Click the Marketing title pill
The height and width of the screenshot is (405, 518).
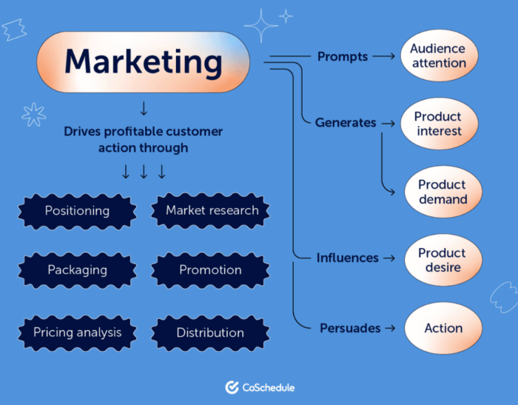(x=143, y=62)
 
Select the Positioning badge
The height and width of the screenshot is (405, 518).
(x=77, y=211)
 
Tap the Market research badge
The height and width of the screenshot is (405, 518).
(x=210, y=210)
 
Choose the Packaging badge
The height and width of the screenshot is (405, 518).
(x=77, y=270)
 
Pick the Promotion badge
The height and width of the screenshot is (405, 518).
(x=210, y=270)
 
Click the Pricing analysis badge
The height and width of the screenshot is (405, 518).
(x=77, y=332)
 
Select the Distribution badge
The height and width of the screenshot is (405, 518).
(x=210, y=332)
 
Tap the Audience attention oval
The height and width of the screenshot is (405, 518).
(x=439, y=56)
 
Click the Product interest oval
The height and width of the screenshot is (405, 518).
(x=439, y=124)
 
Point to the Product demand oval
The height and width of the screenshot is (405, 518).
(x=443, y=192)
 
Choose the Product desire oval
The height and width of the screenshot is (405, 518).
(x=443, y=260)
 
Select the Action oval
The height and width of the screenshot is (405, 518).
(x=443, y=328)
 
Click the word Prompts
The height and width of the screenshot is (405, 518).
(x=343, y=57)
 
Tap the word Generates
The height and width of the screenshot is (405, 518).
(x=346, y=123)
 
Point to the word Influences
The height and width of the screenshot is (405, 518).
(x=348, y=258)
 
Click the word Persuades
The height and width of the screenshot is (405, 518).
(x=350, y=328)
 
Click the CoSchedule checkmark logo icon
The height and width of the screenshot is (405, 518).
(x=232, y=387)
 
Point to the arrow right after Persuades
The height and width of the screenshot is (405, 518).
(x=390, y=328)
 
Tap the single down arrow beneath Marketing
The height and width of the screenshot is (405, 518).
(x=144, y=108)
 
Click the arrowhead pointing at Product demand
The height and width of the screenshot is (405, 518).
(x=391, y=192)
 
